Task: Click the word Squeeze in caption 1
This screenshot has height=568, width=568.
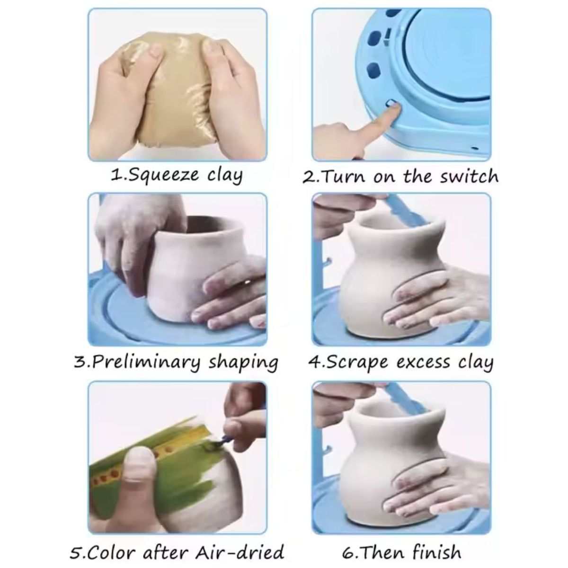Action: [157, 176]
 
